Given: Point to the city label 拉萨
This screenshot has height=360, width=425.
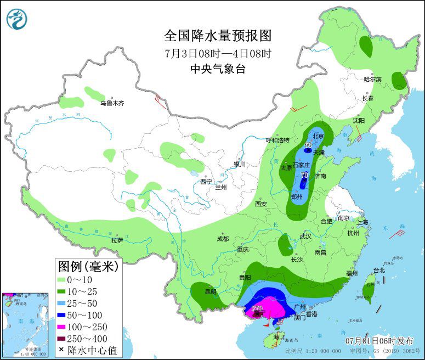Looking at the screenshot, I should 117,240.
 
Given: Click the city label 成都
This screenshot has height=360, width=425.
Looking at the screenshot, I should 222,239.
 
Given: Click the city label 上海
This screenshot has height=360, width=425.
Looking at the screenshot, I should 362,222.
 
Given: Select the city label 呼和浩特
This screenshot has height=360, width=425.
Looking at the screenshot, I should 277,140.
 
